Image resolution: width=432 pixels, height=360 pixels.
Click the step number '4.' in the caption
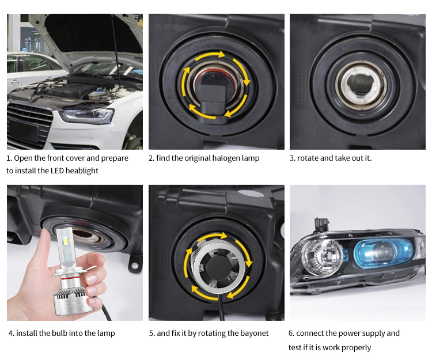(12, 334)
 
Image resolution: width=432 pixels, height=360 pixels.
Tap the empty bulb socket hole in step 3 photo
(361, 85)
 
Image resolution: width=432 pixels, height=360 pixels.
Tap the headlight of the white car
(87, 116)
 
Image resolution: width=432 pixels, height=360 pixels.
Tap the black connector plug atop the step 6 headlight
(321, 225)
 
